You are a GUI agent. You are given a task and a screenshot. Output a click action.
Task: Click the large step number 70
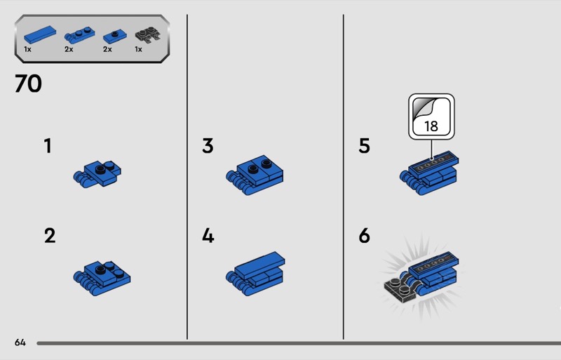[28, 84]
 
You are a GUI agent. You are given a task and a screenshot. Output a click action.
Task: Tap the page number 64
[20, 342]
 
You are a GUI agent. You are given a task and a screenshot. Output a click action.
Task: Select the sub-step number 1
[48, 146]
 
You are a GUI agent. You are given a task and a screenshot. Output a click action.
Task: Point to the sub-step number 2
[50, 236]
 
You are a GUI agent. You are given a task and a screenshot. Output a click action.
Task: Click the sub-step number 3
[208, 146]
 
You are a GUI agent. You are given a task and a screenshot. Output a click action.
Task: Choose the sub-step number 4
[208, 236]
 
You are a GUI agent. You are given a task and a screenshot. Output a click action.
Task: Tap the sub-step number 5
[364, 146]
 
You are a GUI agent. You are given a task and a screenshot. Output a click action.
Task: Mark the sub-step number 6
[364, 236]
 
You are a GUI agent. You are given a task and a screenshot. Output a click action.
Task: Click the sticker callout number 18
[431, 126]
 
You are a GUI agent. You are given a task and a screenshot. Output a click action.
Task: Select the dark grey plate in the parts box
[147, 36]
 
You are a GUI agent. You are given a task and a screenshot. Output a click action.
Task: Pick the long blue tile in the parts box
[40, 34]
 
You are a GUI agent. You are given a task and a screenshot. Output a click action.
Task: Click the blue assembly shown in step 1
[97, 174]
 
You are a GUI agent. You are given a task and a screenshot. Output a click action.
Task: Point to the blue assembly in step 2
[102, 278]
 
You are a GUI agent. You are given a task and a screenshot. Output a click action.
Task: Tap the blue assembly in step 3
[255, 175]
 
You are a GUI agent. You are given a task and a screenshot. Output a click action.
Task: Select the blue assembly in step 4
[255, 273]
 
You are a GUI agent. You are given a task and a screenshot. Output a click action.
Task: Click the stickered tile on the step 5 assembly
[433, 164]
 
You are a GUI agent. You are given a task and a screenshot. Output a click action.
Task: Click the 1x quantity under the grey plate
[138, 49]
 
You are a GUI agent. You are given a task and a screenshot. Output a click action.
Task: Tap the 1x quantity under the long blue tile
[27, 49]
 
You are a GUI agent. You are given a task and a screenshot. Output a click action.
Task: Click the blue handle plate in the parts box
[79, 35]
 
